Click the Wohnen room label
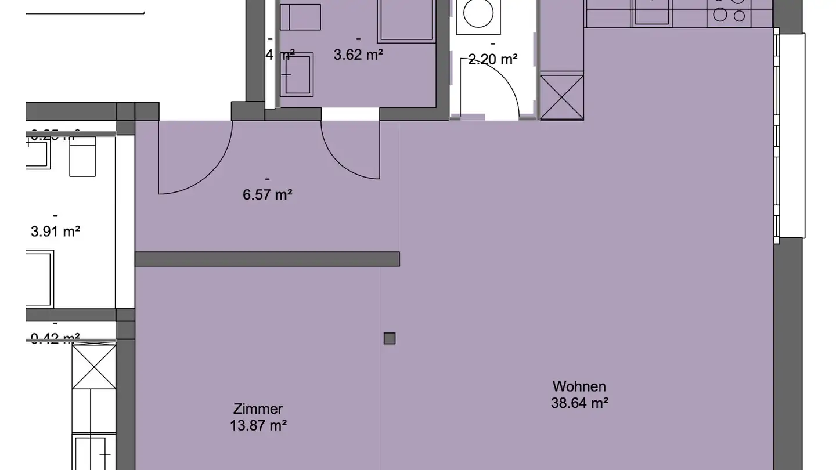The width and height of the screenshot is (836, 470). (579, 386)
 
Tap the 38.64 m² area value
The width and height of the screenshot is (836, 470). (579, 403)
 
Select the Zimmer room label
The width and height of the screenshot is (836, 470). (258, 409)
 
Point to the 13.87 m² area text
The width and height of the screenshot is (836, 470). (258, 425)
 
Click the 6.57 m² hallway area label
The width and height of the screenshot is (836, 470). (267, 194)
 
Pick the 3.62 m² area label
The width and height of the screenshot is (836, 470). (358, 55)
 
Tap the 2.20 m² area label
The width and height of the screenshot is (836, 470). (493, 59)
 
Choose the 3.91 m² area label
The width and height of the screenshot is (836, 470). (55, 232)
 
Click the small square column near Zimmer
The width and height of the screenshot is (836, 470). (390, 338)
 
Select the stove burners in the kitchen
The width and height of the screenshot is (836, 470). (729, 12)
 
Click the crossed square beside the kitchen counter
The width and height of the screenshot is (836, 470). (562, 96)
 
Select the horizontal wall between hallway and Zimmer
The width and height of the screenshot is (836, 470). (267, 259)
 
